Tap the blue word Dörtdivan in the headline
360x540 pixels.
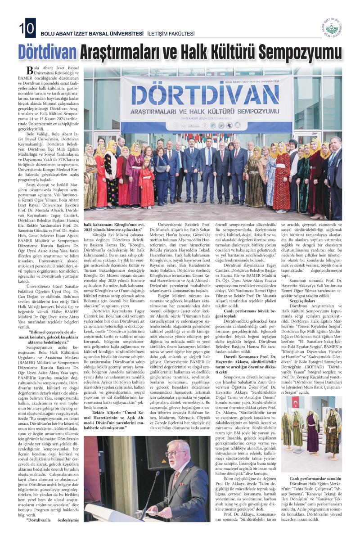tap(46, 53)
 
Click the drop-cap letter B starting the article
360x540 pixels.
tap(30, 70)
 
